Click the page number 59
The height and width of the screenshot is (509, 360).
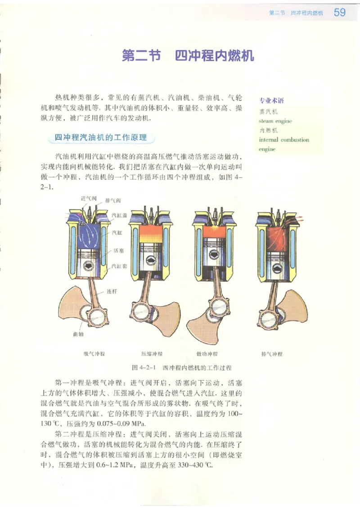coord(340,13)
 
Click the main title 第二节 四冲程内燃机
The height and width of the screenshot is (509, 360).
coord(188,56)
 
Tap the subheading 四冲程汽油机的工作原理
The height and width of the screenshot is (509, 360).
coord(101,138)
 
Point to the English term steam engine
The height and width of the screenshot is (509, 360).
coord(275,121)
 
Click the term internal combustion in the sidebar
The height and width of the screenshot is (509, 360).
coord(284,140)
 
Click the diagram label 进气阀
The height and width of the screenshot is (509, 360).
coord(88,198)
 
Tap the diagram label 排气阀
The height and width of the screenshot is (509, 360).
coord(112,200)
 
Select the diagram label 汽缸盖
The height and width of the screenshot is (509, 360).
coord(119,215)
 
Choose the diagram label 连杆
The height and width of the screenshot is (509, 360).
coord(112,291)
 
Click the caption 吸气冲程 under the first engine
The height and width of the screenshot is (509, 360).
coord(94,354)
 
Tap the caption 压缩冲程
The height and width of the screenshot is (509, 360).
coord(152,354)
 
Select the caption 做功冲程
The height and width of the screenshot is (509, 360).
coord(207,354)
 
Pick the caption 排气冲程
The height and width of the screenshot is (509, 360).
coord(272,354)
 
